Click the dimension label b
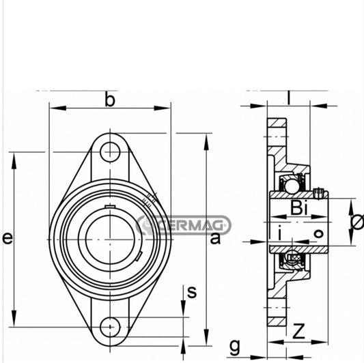point(109,100)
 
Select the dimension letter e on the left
point(7,238)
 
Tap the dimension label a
point(216,238)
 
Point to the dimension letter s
point(192,292)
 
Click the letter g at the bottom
point(234,346)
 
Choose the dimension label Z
point(298,332)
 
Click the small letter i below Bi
point(280,234)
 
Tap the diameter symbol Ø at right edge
point(356,222)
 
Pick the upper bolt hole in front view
point(109,151)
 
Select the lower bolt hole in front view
point(109,327)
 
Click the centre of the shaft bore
point(109,238)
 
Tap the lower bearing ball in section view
point(292,259)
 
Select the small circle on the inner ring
point(318,234)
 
